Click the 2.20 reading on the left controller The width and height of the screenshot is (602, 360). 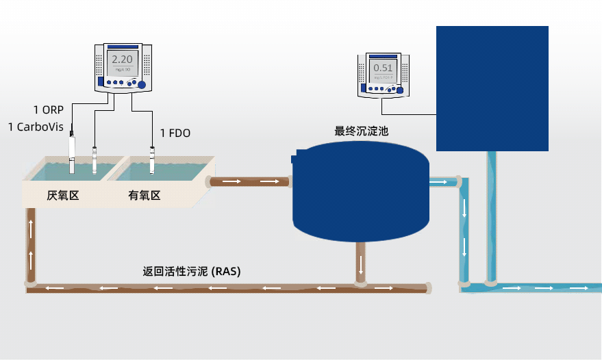(122, 60)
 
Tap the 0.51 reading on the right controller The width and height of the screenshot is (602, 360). (383, 68)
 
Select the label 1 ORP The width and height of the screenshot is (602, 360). (48, 110)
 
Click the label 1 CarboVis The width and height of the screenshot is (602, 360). (36, 127)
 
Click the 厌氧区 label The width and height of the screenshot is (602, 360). (63, 196)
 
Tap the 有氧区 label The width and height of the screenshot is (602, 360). (145, 196)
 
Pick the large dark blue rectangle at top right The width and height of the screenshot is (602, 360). (492, 88)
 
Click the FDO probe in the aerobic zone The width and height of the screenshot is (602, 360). (152, 158)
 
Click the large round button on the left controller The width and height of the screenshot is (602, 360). (142, 85)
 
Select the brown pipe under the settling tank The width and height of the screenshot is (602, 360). (360, 260)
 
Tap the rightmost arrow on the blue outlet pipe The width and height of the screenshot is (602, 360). (579, 288)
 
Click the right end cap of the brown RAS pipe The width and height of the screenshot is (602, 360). (428, 288)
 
